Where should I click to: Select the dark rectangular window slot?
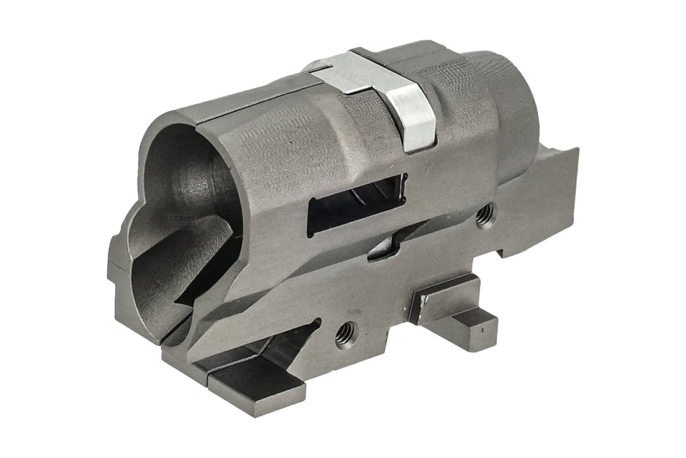(x=354, y=207)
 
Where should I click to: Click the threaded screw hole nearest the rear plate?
(x=486, y=211)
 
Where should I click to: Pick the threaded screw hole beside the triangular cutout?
(x=345, y=332)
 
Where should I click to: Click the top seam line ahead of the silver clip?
(x=246, y=101)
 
